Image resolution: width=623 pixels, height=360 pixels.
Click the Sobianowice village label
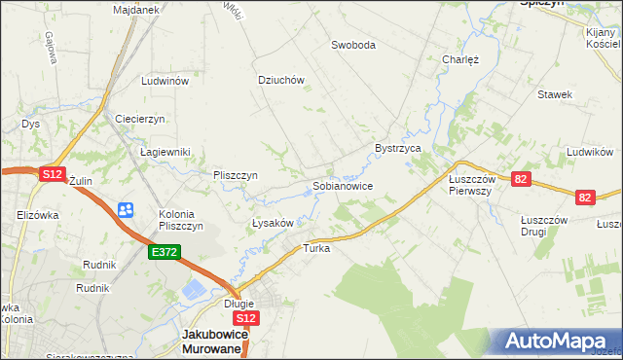[x=342, y=185]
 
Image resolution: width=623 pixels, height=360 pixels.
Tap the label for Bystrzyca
[x=397, y=148]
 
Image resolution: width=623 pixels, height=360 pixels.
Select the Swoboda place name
[x=353, y=45]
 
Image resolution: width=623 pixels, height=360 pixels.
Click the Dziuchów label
[x=281, y=81]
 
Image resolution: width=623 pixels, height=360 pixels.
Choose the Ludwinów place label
[x=164, y=82]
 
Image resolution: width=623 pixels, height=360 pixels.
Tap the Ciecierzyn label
[x=140, y=118]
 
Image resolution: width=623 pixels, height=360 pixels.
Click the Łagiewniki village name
[x=165, y=152]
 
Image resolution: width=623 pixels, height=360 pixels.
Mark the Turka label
[x=317, y=248]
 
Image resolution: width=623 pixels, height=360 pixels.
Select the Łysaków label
[x=273, y=223]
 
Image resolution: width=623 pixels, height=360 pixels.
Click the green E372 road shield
[x=164, y=252]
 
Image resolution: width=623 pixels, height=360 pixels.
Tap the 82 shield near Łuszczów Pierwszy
[x=522, y=179]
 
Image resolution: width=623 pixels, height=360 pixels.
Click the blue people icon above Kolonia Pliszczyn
[x=126, y=209]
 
